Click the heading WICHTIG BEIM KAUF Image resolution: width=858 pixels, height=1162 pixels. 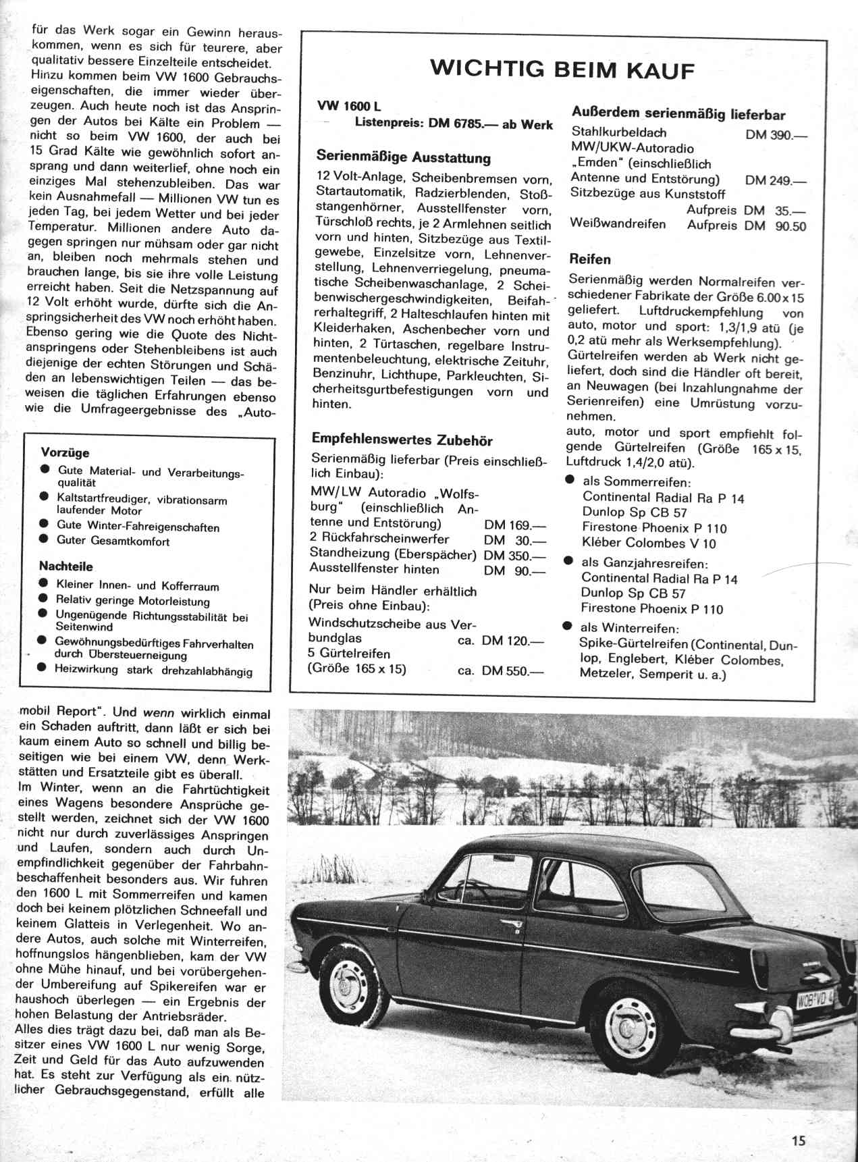562,69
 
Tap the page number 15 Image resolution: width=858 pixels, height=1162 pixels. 799,1140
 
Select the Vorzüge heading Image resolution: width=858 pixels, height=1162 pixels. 65,453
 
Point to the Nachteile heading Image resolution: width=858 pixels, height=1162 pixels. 66,566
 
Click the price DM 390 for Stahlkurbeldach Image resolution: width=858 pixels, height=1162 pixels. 776,134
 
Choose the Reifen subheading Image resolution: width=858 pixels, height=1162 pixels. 590,259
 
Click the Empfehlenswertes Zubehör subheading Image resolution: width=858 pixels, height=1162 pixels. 402,441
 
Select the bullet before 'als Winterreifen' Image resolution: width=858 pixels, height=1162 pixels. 568,627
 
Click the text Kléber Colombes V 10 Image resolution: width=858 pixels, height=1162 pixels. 649,543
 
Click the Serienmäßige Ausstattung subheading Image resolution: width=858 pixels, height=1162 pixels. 404,158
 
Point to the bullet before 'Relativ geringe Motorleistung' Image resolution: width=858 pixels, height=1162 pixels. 43,598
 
